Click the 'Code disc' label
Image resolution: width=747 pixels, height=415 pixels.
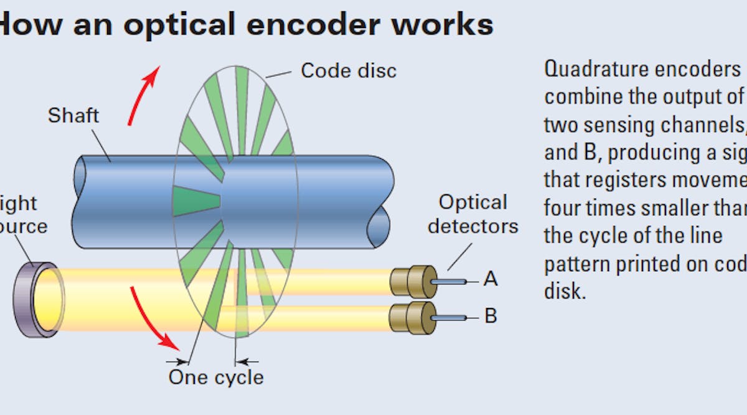click(x=348, y=70)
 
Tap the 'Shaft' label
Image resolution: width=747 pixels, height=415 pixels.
click(x=73, y=115)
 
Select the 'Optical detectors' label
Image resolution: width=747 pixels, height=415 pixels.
click(x=472, y=214)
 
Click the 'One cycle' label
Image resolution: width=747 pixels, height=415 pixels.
click(x=215, y=377)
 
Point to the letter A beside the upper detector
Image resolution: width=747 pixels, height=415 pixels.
click(x=491, y=279)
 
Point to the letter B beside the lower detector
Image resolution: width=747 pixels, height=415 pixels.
click(x=491, y=316)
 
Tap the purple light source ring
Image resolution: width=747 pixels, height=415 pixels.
click(x=38, y=300)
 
